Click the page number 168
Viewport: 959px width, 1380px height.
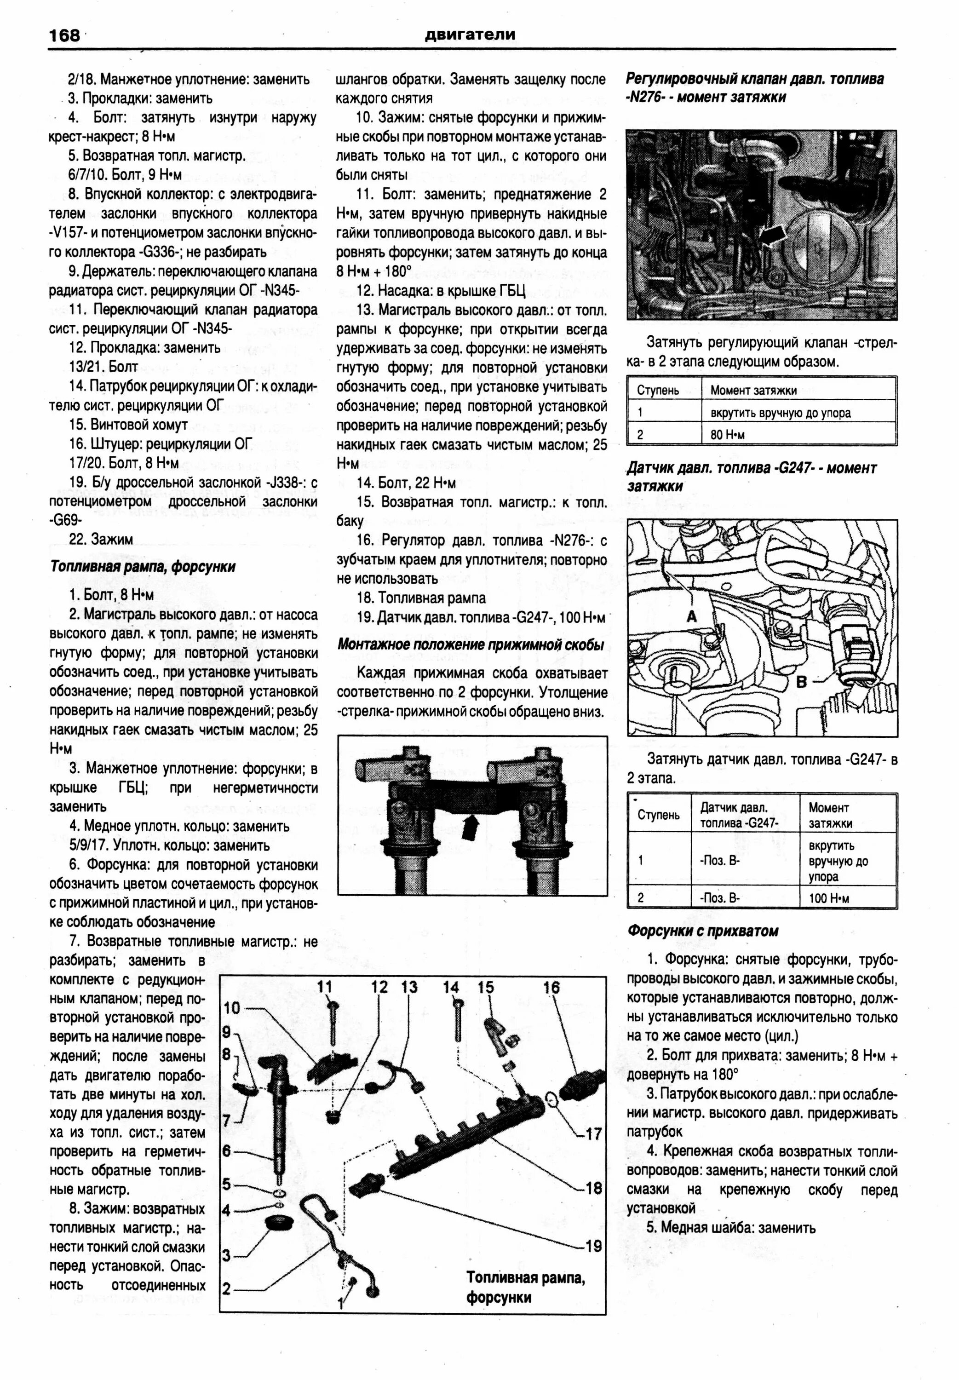(64, 35)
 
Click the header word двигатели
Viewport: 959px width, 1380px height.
(470, 35)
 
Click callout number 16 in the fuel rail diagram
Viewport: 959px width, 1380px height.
(551, 987)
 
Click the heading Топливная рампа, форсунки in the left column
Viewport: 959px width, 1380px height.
(143, 567)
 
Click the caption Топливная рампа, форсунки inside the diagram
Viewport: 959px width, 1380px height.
(526, 1287)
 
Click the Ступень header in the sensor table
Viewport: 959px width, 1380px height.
(658, 815)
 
